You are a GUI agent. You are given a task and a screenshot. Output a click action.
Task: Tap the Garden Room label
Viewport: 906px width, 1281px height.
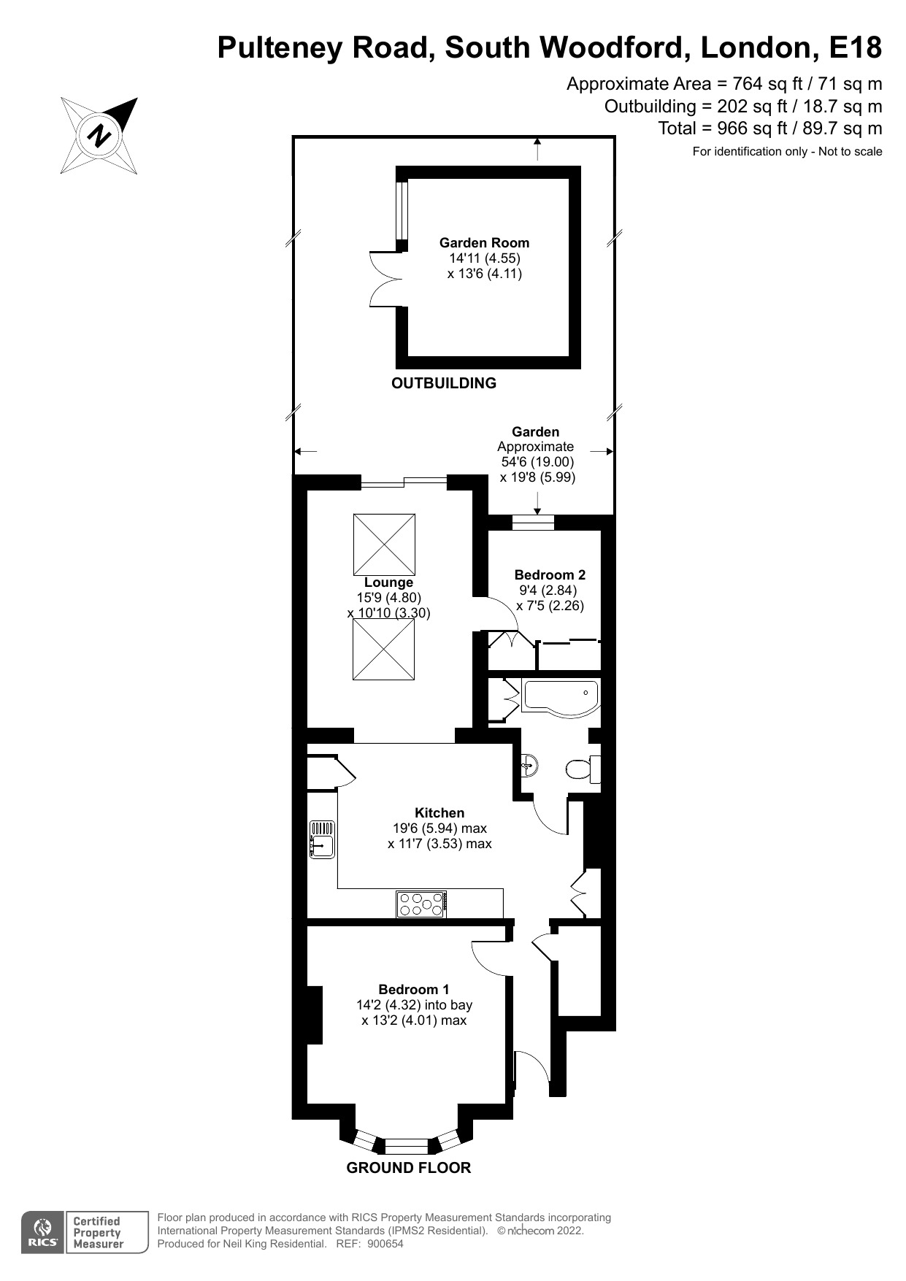pyautogui.click(x=484, y=243)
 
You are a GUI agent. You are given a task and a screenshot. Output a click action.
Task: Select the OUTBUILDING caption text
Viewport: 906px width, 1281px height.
pyautogui.click(x=444, y=383)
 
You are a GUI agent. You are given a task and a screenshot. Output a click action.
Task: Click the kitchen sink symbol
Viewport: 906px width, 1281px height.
pyautogui.click(x=322, y=839)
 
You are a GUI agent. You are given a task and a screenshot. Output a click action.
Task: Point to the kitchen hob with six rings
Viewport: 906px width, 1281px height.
pyautogui.click(x=422, y=904)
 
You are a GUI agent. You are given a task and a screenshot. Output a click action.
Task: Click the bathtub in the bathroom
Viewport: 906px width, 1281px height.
pyautogui.click(x=561, y=696)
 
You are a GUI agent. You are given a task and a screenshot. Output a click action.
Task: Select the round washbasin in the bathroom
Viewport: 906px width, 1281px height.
pyautogui.click(x=531, y=765)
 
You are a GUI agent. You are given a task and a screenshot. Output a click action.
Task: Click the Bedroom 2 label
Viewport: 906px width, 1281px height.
pyautogui.click(x=550, y=575)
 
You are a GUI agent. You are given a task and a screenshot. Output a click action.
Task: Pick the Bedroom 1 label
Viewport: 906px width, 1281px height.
pyautogui.click(x=413, y=990)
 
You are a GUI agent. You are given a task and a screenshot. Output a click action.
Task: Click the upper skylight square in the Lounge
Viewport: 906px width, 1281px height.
pyautogui.click(x=384, y=545)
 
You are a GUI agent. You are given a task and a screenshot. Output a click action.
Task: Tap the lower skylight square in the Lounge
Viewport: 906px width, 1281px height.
pyautogui.click(x=384, y=650)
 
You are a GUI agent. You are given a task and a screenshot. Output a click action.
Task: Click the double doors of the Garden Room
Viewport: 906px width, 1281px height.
pyautogui.click(x=383, y=280)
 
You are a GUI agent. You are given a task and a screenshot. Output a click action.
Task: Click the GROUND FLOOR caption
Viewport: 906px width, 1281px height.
pyautogui.click(x=408, y=1168)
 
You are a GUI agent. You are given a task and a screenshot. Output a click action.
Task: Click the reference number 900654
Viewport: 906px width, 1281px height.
pyautogui.click(x=385, y=1245)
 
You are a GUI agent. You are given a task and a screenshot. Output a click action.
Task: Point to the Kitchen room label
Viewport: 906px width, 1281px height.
pyautogui.click(x=439, y=813)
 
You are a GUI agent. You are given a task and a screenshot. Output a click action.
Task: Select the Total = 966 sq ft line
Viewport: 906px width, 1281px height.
pyautogui.click(x=769, y=129)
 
